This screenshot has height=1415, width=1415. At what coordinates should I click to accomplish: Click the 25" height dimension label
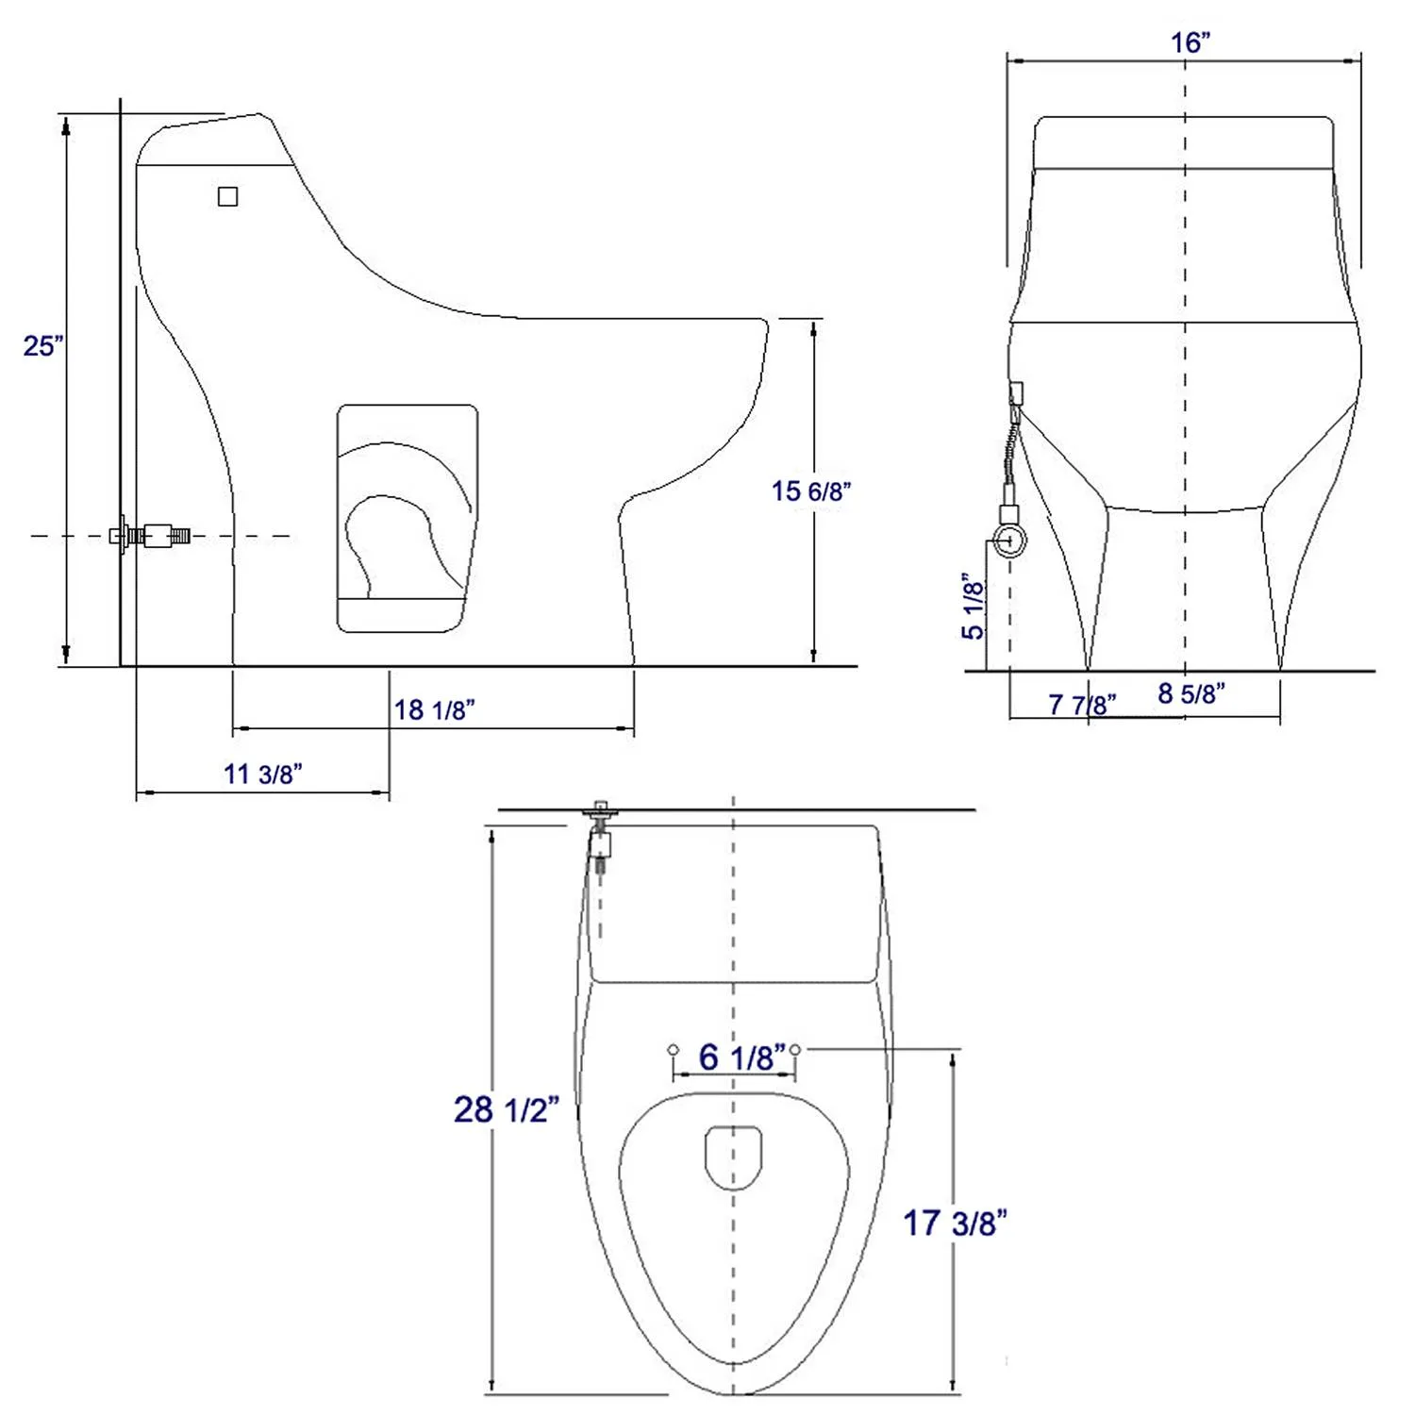pos(43,345)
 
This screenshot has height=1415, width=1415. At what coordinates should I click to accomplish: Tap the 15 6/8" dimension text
pos(810,491)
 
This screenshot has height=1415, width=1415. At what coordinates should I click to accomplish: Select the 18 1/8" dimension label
pos(434,709)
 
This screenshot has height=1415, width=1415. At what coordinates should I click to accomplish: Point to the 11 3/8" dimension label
pos(262,774)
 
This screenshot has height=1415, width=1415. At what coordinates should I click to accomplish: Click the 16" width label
pos(1190,42)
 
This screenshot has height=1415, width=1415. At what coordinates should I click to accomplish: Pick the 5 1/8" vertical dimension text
pos(973,606)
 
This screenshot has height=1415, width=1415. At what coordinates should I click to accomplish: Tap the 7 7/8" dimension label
pos(1081,705)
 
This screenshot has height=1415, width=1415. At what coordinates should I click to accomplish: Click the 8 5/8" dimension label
pos(1190,693)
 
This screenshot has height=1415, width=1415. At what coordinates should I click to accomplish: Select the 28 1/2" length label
pos(506,1109)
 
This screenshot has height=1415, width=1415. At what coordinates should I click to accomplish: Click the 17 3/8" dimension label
pos(955,1224)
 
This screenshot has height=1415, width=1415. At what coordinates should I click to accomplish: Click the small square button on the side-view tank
pos(227,196)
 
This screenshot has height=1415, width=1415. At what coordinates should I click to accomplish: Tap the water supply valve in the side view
pos(151,536)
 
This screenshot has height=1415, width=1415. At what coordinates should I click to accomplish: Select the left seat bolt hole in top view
pos(673,1049)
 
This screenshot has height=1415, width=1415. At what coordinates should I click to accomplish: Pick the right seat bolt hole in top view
pos(795,1049)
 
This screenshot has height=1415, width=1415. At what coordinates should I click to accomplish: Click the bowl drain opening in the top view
pos(733,1156)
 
